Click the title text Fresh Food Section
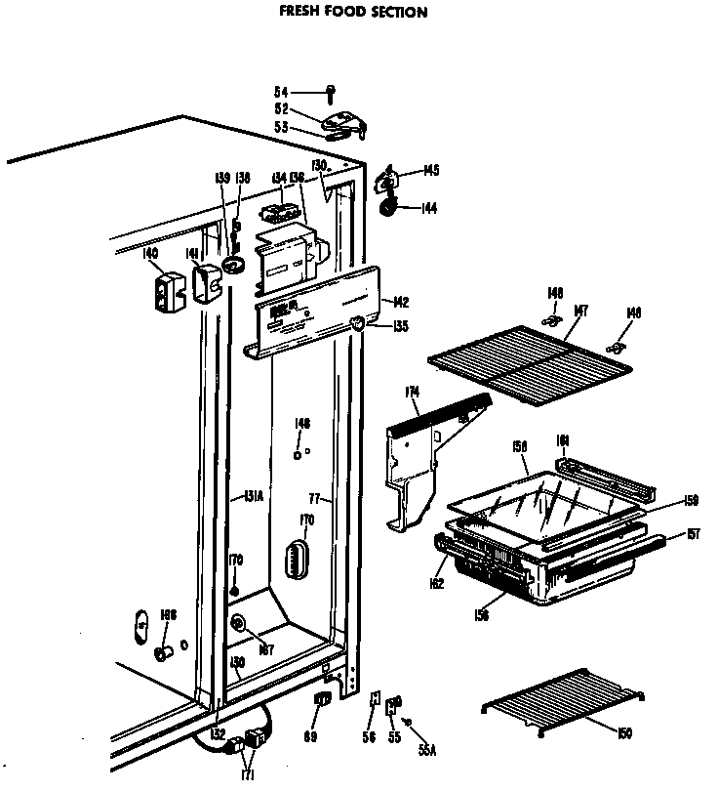coord(354,13)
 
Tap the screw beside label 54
coord(332,93)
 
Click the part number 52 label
coord(280,109)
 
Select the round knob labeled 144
coord(389,206)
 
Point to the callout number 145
coord(429,171)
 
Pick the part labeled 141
coord(206,287)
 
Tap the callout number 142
coord(400,302)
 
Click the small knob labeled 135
coord(358,324)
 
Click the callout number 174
coord(413,393)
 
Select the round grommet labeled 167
coord(238,624)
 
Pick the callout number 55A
coord(426,750)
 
